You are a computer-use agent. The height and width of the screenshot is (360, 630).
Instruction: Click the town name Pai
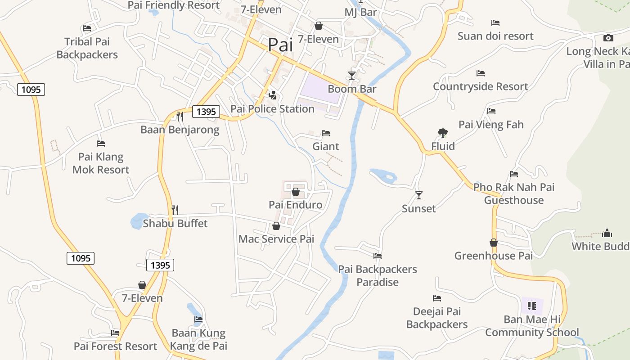coord(280,45)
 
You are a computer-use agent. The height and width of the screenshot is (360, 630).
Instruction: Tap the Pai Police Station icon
coord(272,95)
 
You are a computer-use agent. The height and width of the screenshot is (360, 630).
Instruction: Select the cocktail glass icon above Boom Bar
coord(352,75)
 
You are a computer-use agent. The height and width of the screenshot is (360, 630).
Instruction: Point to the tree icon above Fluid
coord(443,133)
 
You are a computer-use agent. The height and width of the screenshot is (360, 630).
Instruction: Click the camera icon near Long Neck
coord(608,38)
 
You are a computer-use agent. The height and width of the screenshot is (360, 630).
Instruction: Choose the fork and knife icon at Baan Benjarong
coord(180,117)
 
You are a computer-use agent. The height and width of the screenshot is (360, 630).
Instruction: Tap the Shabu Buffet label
coord(175,223)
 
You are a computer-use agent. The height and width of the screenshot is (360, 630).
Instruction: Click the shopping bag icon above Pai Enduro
coord(296,192)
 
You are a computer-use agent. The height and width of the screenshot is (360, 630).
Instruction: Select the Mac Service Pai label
coord(276,238)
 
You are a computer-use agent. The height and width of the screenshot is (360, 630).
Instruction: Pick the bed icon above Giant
coord(326,133)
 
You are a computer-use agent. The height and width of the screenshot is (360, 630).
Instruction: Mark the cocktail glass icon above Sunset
coord(419,195)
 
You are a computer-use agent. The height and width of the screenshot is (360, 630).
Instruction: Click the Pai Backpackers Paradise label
coord(378,275)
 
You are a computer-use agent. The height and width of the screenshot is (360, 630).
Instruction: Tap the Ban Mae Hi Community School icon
coord(532,306)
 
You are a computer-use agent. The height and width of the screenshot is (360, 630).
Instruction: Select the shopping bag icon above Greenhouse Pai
coord(494,243)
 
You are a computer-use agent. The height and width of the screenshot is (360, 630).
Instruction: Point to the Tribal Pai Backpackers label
coord(87,48)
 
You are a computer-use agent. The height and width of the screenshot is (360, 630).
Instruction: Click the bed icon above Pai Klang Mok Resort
coord(101,144)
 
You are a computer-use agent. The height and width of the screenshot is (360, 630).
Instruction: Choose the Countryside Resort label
coord(480,86)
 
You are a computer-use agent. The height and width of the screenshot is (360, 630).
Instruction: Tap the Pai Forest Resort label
coord(116,346)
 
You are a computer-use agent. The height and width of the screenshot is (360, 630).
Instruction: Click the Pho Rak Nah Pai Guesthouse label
coord(514,193)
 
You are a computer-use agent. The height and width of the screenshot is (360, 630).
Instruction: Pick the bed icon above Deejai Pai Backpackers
coord(437,298)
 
